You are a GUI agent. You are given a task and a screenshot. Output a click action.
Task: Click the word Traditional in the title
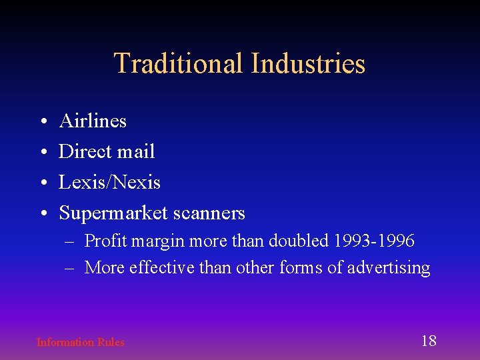179,64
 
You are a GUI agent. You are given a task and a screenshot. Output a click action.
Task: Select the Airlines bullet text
93,121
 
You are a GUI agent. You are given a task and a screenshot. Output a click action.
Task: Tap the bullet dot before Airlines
42,122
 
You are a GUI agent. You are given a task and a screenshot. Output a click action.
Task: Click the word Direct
84,151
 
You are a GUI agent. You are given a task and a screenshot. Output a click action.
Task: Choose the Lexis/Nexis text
109,182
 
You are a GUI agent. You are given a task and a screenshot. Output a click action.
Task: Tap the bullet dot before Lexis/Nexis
42,183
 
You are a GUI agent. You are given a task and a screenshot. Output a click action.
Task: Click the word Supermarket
113,213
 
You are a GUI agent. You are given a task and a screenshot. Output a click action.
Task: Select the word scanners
209,213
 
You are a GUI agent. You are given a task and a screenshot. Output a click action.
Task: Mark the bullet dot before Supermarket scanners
42,214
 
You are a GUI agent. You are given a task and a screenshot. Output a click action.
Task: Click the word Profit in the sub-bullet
106,240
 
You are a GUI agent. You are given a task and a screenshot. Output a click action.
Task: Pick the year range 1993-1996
375,240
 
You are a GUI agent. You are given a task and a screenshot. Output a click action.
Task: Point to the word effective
158,268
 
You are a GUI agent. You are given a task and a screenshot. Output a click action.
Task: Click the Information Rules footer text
80,342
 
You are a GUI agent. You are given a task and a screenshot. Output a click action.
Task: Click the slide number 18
429,341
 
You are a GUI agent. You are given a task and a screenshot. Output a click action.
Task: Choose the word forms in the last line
301,268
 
